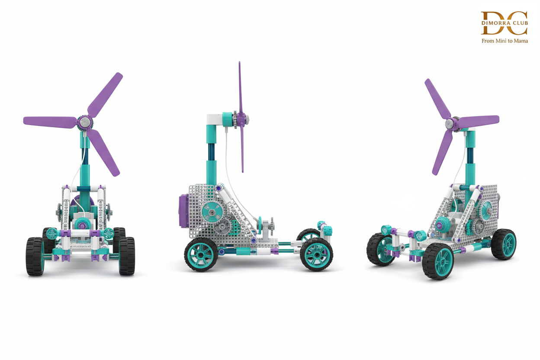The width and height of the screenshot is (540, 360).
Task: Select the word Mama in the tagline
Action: pos(521,41)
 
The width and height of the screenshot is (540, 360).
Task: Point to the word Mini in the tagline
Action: pos(501,41)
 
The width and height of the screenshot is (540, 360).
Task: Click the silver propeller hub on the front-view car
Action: pos(85,122)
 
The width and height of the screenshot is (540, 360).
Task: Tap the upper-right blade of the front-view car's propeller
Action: pos(105,94)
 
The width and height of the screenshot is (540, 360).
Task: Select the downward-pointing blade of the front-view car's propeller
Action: pos(103,153)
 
